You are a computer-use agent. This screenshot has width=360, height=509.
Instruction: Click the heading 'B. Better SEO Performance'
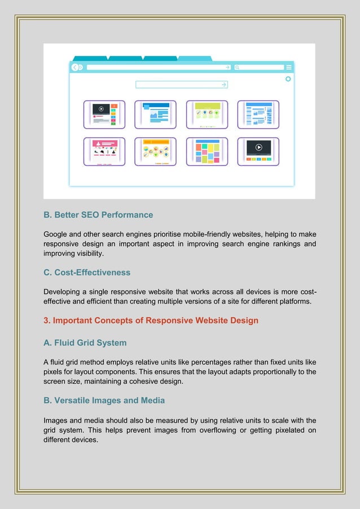98,215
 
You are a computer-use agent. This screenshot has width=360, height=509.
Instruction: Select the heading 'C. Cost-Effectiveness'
87,273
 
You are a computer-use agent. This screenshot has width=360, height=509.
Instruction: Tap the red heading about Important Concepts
151,321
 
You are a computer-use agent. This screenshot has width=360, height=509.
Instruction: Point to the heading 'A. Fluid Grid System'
85,343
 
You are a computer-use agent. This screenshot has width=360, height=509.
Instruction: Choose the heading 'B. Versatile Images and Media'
104,401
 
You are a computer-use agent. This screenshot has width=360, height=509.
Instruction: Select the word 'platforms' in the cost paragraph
292,301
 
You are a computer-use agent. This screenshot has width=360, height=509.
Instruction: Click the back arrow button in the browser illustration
75,67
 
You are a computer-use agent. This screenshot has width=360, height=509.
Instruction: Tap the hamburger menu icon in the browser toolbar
289,67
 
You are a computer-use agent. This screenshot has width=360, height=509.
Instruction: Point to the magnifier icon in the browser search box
238,67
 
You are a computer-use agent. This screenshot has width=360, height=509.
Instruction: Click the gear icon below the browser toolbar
288,79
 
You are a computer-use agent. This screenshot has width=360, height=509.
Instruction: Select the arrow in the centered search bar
224,85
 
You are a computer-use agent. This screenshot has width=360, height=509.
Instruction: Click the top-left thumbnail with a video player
104,115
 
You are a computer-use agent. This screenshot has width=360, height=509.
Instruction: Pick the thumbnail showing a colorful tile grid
207,151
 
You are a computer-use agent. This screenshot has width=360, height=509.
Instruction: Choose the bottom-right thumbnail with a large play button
258,151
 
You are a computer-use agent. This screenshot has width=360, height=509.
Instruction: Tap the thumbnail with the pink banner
104,151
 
